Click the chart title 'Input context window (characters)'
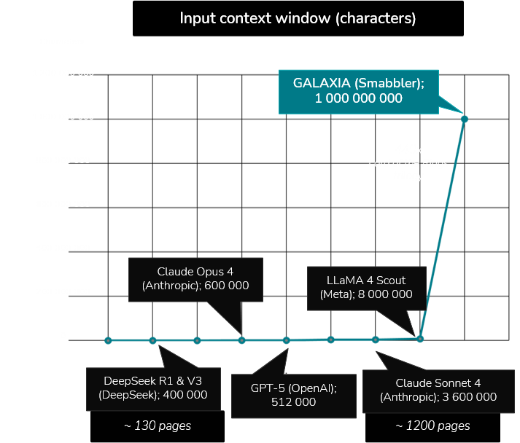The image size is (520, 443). click(x=298, y=18)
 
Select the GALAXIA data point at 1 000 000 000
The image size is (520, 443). click(x=465, y=119)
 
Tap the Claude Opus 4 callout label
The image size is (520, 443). click(x=195, y=278)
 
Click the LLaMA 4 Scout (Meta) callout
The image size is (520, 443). click(x=366, y=287)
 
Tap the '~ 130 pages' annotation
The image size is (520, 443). click(x=158, y=426)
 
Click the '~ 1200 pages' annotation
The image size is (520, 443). click(x=432, y=426)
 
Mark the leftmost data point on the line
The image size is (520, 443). click(x=108, y=340)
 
